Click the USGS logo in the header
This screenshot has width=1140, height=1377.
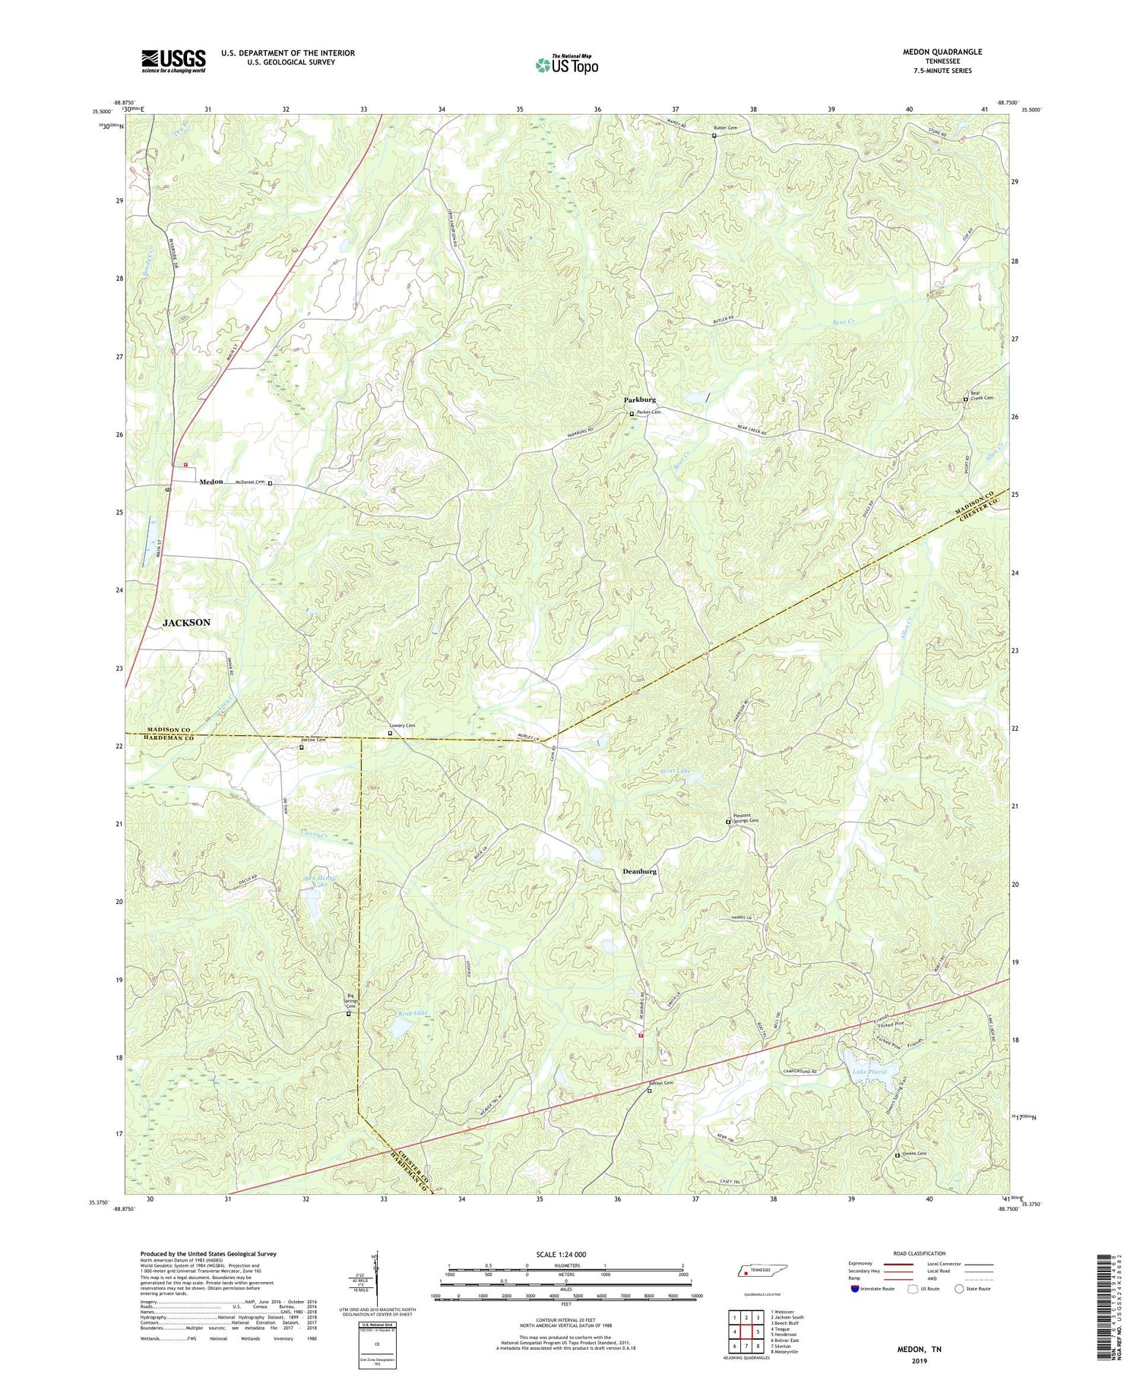pos(173,61)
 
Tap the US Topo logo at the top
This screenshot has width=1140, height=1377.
pos(566,65)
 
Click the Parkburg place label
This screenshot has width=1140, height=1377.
pos(639,400)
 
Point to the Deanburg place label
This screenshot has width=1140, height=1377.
pos(639,871)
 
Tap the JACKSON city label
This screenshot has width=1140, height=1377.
pos(186,622)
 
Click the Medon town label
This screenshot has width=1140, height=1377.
pos(211,482)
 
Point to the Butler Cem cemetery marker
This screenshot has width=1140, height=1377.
pos(714,136)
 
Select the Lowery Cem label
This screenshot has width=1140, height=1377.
pos(403,726)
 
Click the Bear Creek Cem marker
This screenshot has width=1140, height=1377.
pos(966,399)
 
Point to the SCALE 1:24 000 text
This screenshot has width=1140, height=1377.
pos(565,1254)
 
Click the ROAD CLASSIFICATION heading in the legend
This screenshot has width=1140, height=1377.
pos(920,1253)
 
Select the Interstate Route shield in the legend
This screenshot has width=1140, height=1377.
pos(854,1289)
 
